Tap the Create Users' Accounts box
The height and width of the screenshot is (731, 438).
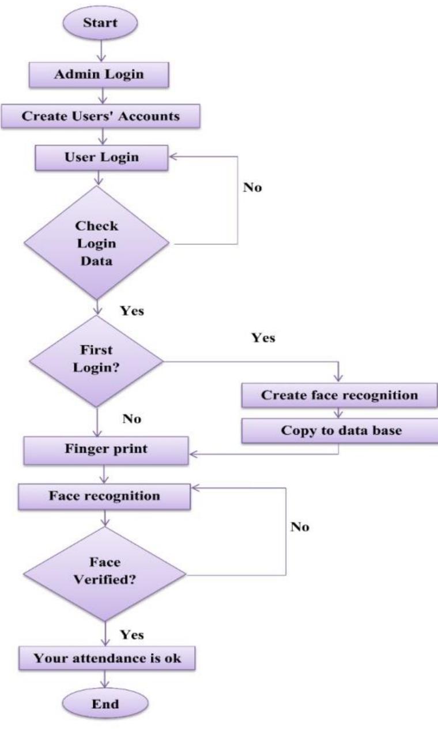(101, 116)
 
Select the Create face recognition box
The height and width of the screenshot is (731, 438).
(339, 395)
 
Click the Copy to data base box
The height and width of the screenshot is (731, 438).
(339, 431)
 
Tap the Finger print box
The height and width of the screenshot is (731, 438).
(105, 450)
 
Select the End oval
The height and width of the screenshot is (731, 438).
(104, 703)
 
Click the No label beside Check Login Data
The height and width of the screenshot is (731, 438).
(252, 189)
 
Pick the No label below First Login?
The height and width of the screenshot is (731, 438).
(132, 419)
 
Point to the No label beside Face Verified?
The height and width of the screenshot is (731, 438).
(300, 527)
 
